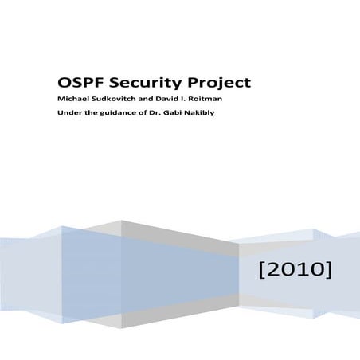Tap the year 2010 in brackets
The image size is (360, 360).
(x=295, y=272)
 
